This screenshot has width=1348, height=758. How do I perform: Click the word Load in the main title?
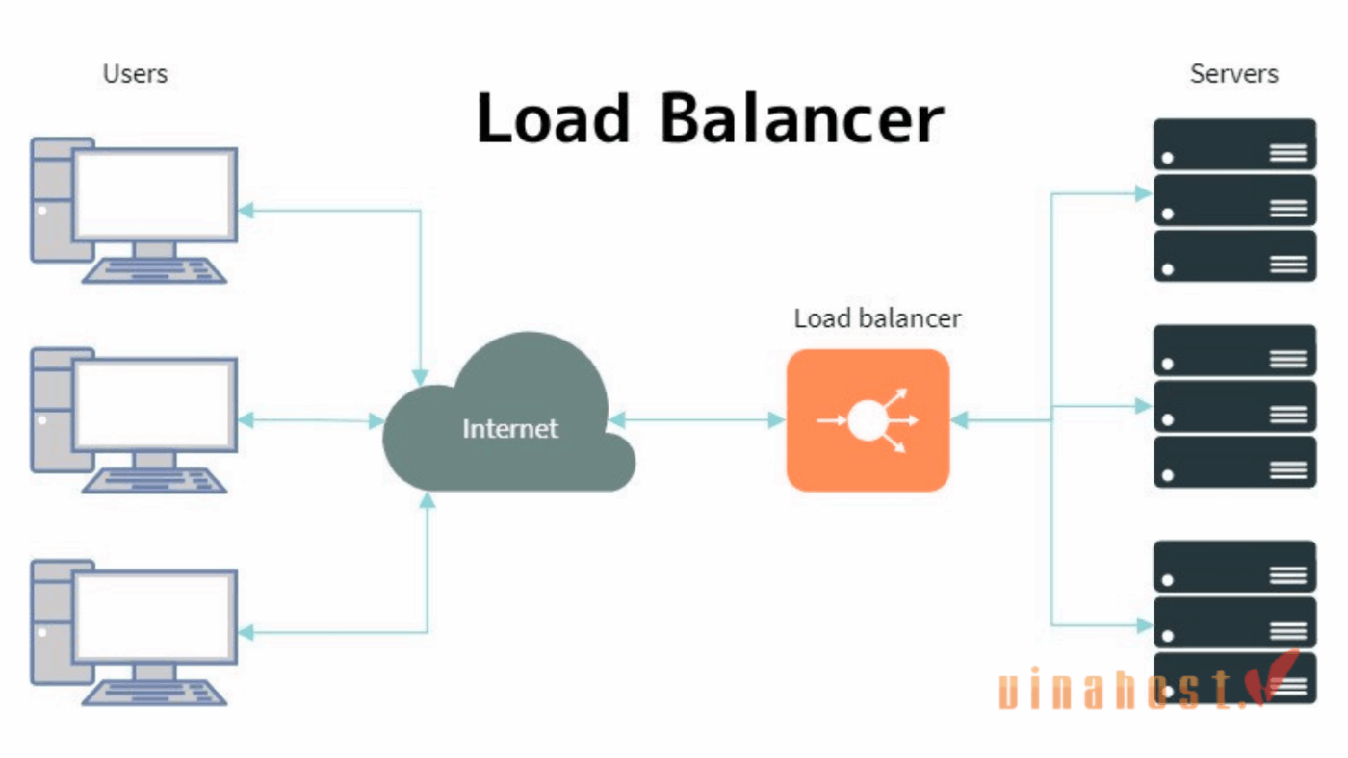[553, 119]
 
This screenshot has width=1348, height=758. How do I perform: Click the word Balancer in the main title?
[801, 119]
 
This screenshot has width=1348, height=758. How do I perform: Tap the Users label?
[135, 74]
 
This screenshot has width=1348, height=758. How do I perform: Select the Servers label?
[1233, 74]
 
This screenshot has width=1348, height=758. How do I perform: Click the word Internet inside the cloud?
[509, 428]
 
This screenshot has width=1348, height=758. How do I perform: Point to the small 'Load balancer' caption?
[876, 318]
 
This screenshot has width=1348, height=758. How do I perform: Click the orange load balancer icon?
[868, 420]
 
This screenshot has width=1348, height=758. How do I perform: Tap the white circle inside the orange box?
[867, 420]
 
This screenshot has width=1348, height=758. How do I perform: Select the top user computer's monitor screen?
[155, 194]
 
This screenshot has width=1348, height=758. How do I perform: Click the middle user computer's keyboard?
[154, 480]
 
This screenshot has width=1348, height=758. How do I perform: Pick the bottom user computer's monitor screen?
[155, 617]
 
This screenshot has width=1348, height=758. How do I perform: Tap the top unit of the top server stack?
[1234, 144]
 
